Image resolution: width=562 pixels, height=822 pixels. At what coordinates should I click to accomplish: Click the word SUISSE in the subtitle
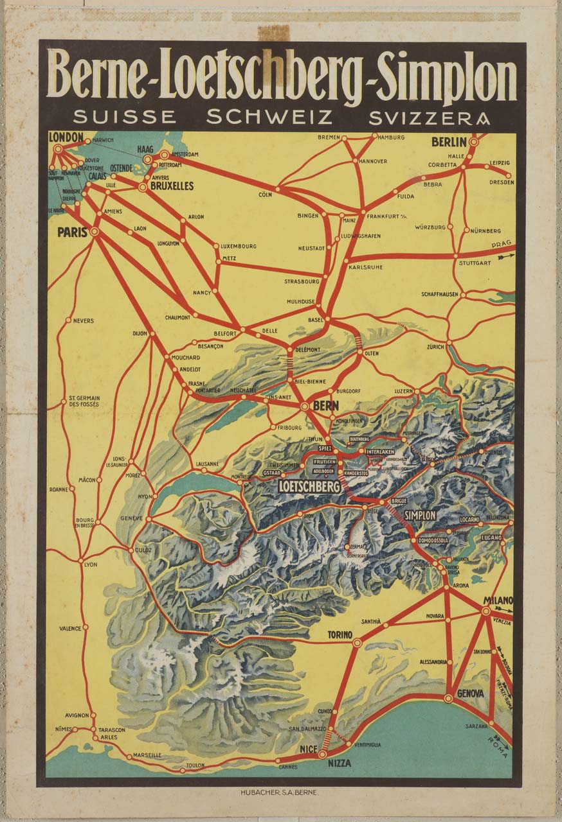point(124,118)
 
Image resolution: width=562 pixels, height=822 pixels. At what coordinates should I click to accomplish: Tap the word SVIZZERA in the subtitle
point(429,118)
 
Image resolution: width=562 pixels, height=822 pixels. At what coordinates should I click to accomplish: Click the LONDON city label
point(66,137)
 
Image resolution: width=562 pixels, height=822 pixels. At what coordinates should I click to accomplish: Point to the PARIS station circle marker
point(95,231)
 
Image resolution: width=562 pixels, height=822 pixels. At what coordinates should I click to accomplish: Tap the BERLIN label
point(449,142)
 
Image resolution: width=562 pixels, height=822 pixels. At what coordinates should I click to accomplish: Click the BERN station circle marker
point(304,406)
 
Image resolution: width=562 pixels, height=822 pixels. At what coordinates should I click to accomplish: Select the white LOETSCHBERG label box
point(309,487)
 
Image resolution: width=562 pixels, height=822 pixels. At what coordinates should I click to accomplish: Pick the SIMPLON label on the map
point(421,515)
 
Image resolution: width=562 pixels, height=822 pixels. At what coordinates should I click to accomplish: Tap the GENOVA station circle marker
point(448,698)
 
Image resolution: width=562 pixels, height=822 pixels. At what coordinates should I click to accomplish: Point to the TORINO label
point(340,634)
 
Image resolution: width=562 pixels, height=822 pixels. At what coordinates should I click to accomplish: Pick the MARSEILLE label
point(147,755)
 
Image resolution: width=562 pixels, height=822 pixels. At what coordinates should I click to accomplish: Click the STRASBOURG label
point(302,281)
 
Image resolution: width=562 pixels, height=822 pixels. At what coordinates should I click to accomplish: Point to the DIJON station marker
point(153,333)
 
